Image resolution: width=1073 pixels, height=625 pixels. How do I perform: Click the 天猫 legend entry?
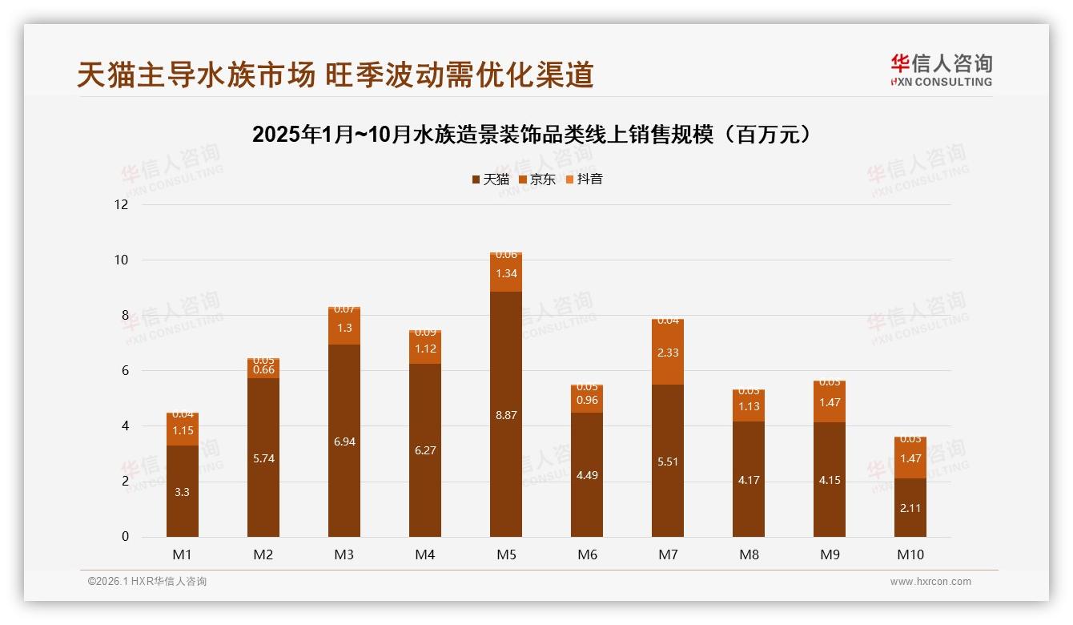490,179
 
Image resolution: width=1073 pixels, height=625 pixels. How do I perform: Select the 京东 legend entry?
536,179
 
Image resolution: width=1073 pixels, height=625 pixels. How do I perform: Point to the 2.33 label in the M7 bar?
668,353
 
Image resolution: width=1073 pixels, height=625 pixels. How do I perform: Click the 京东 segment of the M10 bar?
910,458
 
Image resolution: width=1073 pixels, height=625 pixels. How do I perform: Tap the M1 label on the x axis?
183,554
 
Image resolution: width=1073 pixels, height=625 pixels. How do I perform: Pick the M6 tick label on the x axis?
587,554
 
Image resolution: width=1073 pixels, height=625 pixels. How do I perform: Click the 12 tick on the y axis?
122,205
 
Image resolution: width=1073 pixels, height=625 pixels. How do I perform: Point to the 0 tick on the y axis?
125,537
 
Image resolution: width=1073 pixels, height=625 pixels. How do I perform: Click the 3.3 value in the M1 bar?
183,492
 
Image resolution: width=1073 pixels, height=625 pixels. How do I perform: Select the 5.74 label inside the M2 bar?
263,459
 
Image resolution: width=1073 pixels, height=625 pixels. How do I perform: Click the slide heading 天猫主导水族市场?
336,75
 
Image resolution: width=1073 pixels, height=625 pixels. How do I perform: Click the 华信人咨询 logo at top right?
941,70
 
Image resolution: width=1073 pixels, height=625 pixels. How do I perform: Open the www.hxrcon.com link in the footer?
930,582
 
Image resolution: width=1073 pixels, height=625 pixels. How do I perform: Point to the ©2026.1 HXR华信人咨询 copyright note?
147,582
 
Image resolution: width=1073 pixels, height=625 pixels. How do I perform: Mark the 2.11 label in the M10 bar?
910,508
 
